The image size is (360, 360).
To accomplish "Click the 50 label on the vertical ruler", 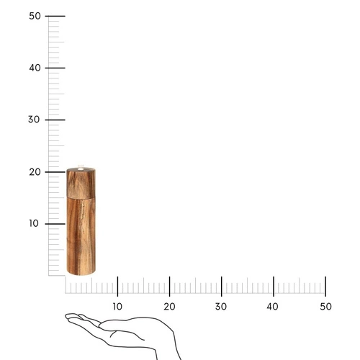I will (x=35, y=16).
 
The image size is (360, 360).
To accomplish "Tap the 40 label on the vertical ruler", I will (x=35, y=68).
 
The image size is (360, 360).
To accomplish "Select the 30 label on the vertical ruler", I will (x=35, y=120).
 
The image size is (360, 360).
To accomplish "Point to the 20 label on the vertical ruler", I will (x=35, y=171).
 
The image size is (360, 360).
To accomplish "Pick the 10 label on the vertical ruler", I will (x=35, y=223).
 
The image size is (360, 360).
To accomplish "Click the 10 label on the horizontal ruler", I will (x=117, y=307).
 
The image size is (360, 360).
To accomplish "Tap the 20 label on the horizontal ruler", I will (x=169, y=307).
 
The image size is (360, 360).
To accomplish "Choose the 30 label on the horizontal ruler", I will (x=222, y=307).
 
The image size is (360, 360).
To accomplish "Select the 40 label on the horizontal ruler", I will (x=274, y=307).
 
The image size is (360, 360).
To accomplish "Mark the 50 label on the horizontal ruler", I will (x=325, y=307).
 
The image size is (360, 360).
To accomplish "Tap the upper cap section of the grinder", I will (x=81, y=184).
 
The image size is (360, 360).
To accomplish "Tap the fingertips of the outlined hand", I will (x=68, y=316).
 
